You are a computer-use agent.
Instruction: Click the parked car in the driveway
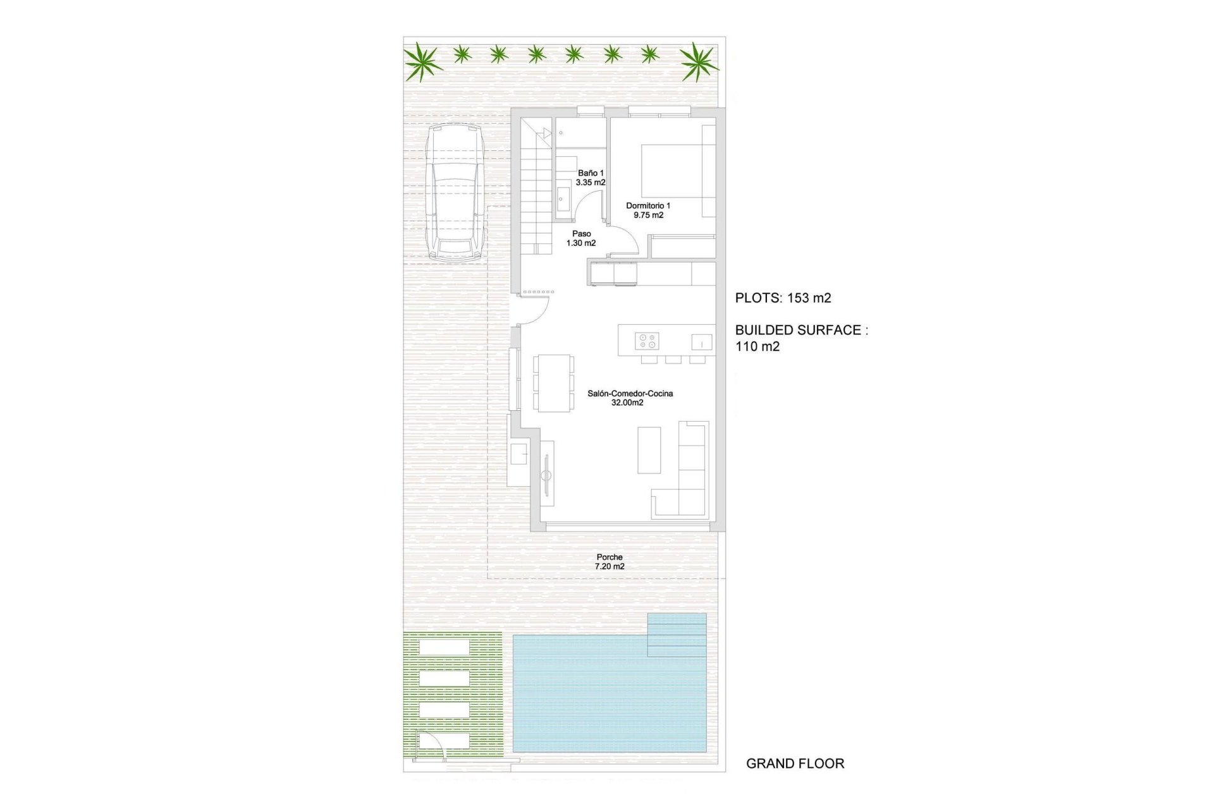pyautogui.click(x=455, y=192)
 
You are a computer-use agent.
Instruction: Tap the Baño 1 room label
pyautogui.click(x=591, y=178)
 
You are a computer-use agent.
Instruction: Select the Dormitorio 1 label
pyautogui.click(x=648, y=210)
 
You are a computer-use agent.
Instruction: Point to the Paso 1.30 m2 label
pyautogui.click(x=581, y=238)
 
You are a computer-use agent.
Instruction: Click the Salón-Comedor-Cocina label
pyautogui.click(x=630, y=398)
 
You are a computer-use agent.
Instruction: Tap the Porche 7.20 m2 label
pyautogui.click(x=610, y=562)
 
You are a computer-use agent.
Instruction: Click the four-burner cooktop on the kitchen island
pyautogui.click(x=647, y=341)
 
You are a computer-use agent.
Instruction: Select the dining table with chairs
pyautogui.click(x=554, y=383)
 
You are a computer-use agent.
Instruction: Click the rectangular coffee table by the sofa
pyautogui.click(x=649, y=450)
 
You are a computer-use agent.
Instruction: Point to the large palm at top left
pyautogui.click(x=422, y=62)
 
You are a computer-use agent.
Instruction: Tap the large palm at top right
pyautogui.click(x=699, y=62)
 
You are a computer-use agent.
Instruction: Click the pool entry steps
pyautogui.click(x=677, y=635)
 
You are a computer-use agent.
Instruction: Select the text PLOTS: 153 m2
pyautogui.click(x=783, y=298)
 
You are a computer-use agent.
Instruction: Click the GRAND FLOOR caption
pyautogui.click(x=795, y=763)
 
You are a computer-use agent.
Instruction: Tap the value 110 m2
pyautogui.click(x=757, y=346)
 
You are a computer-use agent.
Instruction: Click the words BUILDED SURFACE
pyautogui.click(x=798, y=330)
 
